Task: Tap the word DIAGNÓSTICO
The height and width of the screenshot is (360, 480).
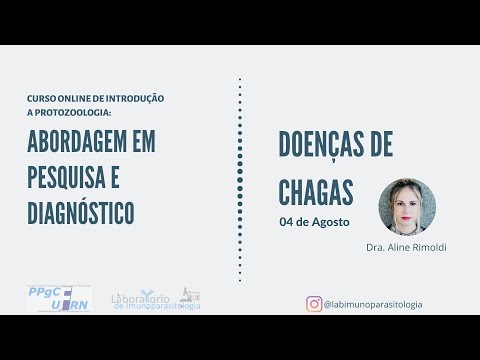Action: pyautogui.click(x=81, y=212)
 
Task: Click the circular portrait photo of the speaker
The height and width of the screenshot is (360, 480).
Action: pyautogui.click(x=407, y=207)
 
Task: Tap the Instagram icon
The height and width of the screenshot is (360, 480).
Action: pyautogui.click(x=314, y=303)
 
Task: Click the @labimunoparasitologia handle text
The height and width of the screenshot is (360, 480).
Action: pyautogui.click(x=373, y=303)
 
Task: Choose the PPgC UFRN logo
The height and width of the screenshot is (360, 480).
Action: pyautogui.click(x=58, y=298)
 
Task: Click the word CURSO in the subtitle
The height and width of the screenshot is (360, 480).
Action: pyautogui.click(x=42, y=98)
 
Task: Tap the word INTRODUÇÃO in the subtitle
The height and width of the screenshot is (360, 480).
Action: pyautogui.click(x=137, y=98)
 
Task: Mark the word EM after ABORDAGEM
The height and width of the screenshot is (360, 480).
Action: pyautogui.click(x=143, y=142)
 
